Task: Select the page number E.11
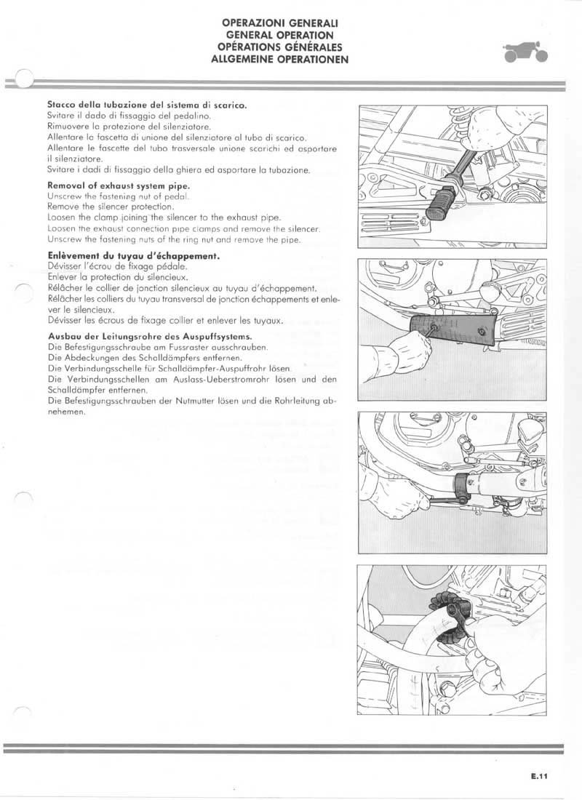(x=538, y=777)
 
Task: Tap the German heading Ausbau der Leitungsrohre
(x=149, y=336)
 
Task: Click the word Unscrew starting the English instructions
(x=66, y=196)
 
